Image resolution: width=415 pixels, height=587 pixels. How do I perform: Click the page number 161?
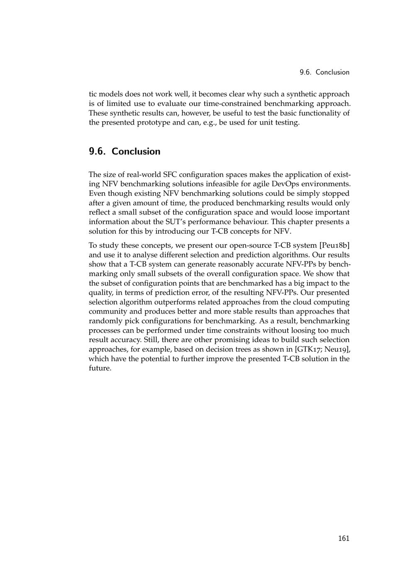click(344, 538)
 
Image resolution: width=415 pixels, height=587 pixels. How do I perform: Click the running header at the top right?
click(325, 72)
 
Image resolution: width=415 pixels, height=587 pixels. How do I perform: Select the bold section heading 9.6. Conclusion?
click(124, 152)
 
